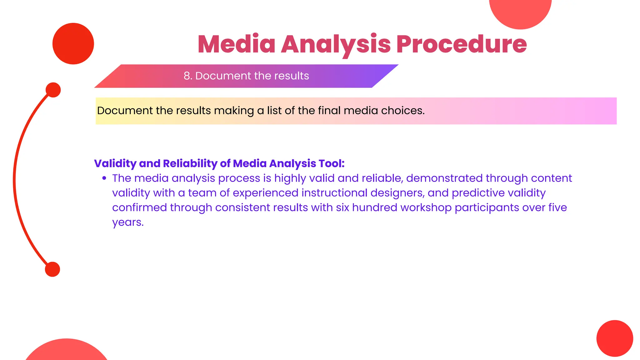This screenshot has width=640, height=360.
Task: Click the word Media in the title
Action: (x=237, y=44)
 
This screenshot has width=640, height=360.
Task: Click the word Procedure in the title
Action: (x=462, y=44)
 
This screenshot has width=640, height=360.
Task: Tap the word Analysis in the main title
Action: (x=336, y=44)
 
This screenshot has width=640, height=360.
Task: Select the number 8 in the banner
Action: (x=187, y=76)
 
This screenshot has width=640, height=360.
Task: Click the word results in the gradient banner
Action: (x=291, y=76)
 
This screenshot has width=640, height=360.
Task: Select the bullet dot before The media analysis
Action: (x=104, y=178)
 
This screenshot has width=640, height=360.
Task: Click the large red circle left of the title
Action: (x=73, y=43)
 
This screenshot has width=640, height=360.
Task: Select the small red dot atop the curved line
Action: (x=53, y=90)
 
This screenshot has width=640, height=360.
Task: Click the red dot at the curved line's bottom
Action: (x=52, y=269)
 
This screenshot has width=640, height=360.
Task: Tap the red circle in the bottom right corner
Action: (x=615, y=338)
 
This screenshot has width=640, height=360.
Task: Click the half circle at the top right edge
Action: (x=520, y=12)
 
